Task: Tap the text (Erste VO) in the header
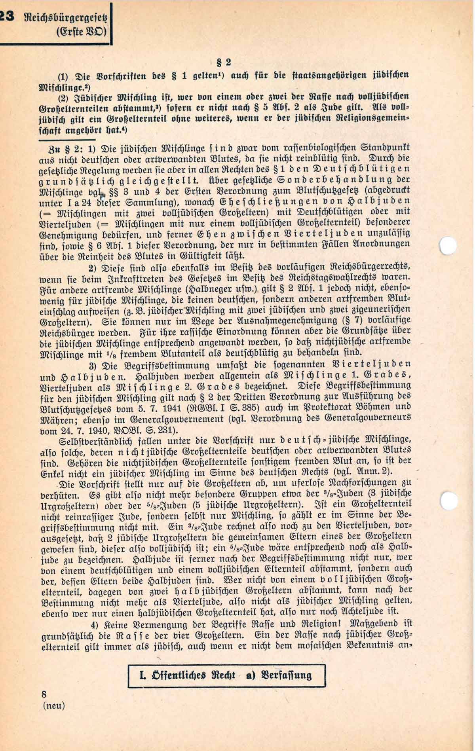[x=82, y=30]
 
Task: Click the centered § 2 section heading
[x=222, y=62]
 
